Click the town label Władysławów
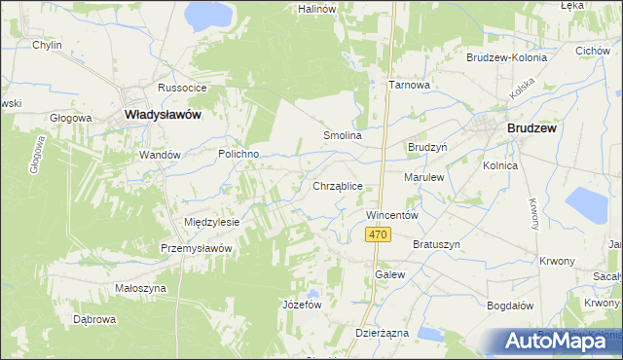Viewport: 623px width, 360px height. [164, 115]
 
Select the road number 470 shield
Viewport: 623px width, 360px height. [379, 235]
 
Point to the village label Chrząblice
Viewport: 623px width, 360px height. [338, 185]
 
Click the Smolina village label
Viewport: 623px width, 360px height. [343, 136]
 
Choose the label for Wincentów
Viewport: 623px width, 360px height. [391, 214]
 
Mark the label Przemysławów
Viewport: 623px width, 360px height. [197, 248]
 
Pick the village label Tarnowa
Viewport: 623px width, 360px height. [410, 85]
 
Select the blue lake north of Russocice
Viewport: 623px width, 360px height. [209, 14]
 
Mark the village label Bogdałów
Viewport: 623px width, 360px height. [511, 305]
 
